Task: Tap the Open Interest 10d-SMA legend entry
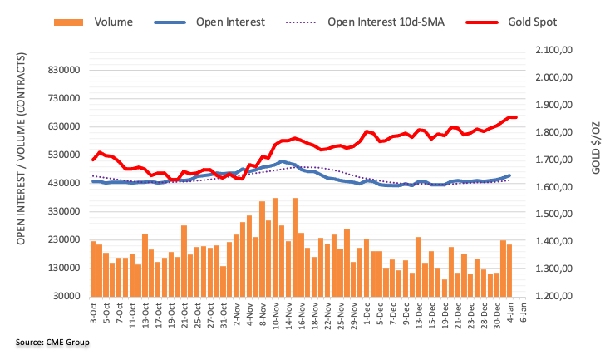(x=381, y=22)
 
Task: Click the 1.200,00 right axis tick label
(x=554, y=296)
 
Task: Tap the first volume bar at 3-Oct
(x=93, y=269)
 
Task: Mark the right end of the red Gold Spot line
(x=515, y=117)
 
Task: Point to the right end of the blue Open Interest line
(x=509, y=175)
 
